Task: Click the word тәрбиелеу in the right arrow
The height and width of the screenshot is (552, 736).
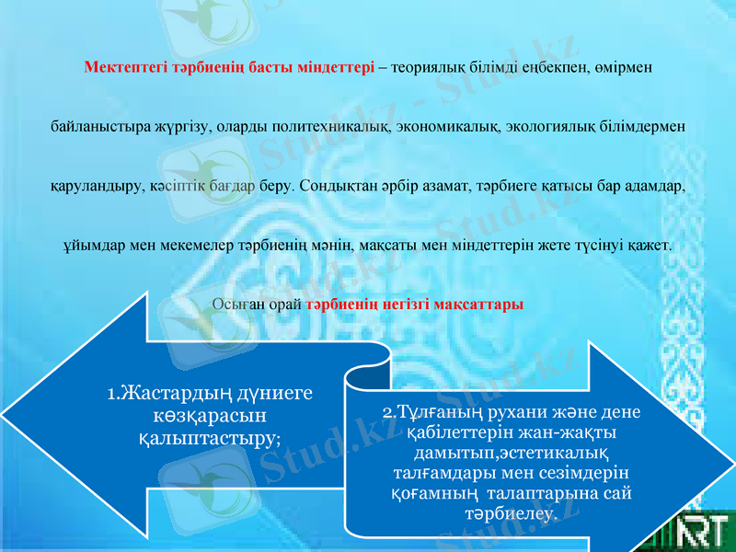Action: (x=512, y=514)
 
